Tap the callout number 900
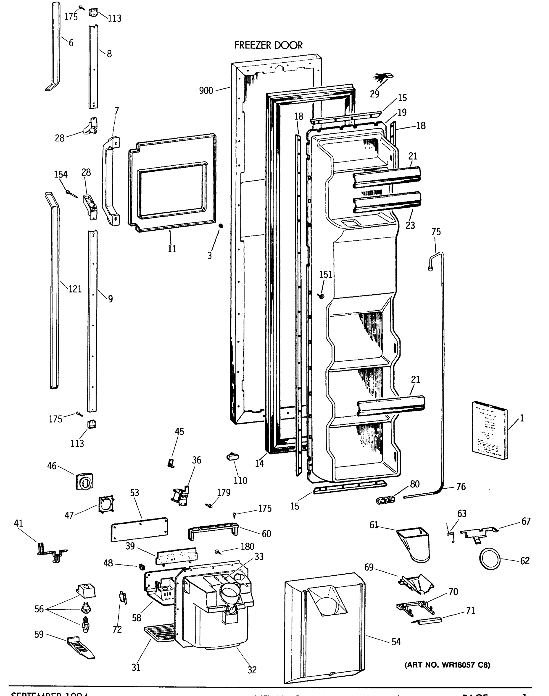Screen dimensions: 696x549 206,91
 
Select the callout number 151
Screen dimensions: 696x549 325,275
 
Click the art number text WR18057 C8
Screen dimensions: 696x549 447,665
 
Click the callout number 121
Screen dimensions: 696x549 75,289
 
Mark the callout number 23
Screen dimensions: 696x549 410,225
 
